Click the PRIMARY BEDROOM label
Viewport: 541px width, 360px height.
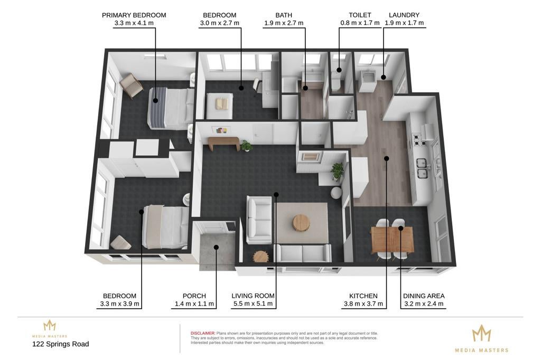click(x=134, y=15)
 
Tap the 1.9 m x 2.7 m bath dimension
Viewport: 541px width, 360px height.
click(x=284, y=23)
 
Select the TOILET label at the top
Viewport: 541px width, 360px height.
click(x=360, y=15)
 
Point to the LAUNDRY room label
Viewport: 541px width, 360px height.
click(x=404, y=15)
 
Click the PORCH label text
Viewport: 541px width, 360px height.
click(x=194, y=296)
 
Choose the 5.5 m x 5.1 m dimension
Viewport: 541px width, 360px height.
click(x=253, y=304)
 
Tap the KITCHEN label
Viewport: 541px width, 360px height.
click(x=363, y=296)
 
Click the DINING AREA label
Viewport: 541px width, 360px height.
click(x=424, y=296)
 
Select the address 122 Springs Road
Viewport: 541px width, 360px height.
click(x=60, y=344)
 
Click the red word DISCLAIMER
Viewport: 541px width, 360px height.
click(x=203, y=333)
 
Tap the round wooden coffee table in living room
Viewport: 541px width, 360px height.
click(x=301, y=223)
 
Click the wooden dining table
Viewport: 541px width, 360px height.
click(x=393, y=239)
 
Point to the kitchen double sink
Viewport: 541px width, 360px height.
click(x=422, y=168)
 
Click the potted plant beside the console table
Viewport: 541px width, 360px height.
click(x=246, y=146)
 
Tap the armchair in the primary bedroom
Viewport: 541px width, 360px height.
click(x=131, y=85)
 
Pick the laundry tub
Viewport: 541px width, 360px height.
click(x=368, y=81)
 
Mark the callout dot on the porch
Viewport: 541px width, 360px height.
click(x=216, y=247)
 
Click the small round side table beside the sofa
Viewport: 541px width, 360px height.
click(x=260, y=256)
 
